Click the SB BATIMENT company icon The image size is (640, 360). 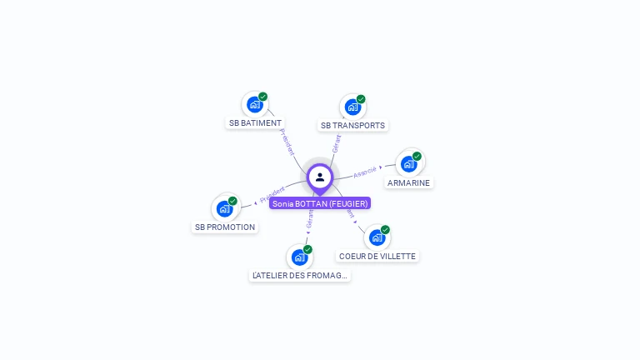coord(255,105)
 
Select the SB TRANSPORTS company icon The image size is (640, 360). coord(352,107)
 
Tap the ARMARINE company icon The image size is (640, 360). coord(408,164)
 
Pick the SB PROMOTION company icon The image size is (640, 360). coord(224,208)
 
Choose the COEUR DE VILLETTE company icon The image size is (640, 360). coord(377,237)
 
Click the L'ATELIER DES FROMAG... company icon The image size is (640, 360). coord(299,257)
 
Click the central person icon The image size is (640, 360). coord(319,177)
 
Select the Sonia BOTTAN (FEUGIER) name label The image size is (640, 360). coord(319,203)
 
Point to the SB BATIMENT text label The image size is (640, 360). coord(255,123)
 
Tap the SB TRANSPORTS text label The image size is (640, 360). coord(352,126)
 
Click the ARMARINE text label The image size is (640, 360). coord(408,182)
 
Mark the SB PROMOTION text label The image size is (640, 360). coord(225,227)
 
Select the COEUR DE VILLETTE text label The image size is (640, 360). coord(377,256)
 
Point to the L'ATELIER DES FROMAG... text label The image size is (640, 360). coord(299,276)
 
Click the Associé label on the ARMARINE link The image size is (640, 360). coord(365,173)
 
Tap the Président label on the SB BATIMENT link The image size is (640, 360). coord(286,142)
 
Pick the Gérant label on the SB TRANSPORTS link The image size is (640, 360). coord(336,143)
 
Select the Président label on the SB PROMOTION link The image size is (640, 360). coord(272,195)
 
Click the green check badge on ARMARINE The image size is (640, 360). coord(417,156)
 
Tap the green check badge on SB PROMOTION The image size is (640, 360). coord(232,201)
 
